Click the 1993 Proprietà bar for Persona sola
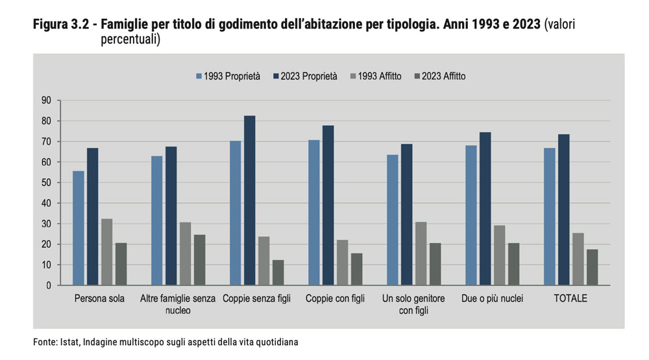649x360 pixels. click(79, 228)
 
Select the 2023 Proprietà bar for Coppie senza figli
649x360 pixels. click(249, 200)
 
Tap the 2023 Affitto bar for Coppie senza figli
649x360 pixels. click(278, 272)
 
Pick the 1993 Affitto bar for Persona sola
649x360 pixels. click(106, 252)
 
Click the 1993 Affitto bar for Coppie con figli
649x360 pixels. click(342, 262)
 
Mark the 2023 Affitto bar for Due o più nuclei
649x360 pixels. click(514, 264)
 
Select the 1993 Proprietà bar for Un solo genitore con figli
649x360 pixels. click(393, 220)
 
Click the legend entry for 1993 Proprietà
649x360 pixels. click(228, 77)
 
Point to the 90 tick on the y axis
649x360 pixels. click(46, 101)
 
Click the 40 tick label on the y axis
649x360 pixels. click(46, 203)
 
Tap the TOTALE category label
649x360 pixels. click(570, 298)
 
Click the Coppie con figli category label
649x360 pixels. click(335, 298)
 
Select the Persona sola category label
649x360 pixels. click(99, 298)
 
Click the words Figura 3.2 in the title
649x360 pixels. click(60, 25)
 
